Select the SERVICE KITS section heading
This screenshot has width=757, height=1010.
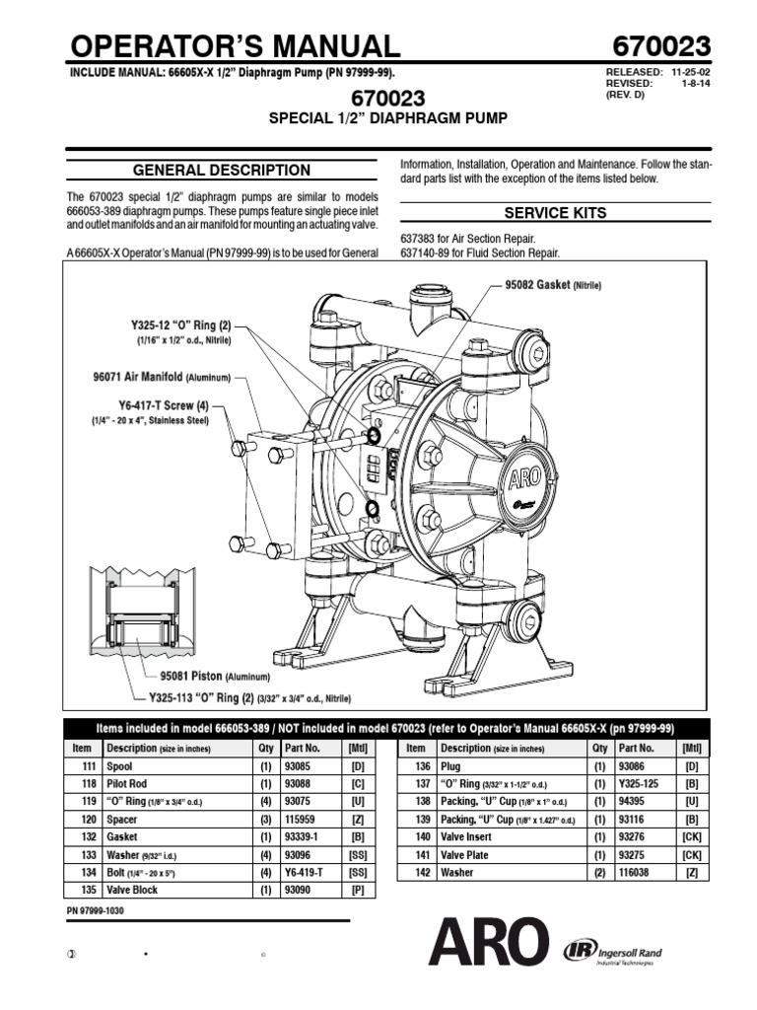click(x=555, y=213)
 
